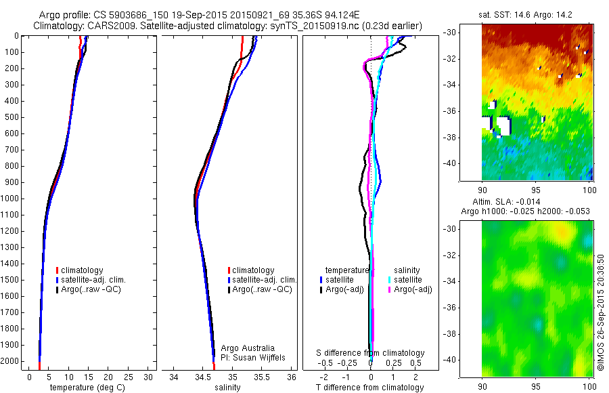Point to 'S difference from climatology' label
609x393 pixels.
(371, 353)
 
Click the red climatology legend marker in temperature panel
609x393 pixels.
(58, 270)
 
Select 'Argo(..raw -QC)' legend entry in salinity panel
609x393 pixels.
(261, 289)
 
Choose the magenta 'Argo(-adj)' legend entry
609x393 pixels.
(412, 289)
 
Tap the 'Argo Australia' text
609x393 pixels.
(248, 348)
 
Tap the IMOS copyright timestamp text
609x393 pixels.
(600, 312)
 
